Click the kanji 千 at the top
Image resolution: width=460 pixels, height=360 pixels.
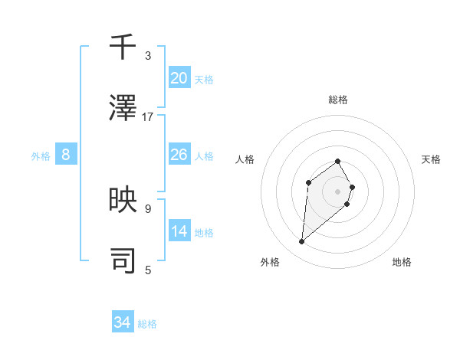pyautogui.click(x=123, y=48)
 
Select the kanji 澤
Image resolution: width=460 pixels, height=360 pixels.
pyautogui.click(x=123, y=109)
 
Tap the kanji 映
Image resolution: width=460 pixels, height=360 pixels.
pyautogui.click(x=123, y=200)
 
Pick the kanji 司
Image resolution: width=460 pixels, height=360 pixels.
pyautogui.click(x=123, y=260)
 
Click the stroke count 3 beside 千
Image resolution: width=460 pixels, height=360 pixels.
pyautogui.click(x=148, y=56)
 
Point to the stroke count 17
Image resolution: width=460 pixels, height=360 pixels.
pyautogui.click(x=148, y=116)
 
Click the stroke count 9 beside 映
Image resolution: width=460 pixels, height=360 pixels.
pyautogui.click(x=148, y=208)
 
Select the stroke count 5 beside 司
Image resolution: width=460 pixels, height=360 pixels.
pyautogui.click(x=148, y=269)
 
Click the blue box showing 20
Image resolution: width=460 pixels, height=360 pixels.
pyautogui.click(x=179, y=78)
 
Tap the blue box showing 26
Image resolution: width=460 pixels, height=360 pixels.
pyautogui.click(x=179, y=155)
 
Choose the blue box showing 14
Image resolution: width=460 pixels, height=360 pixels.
pyautogui.click(x=179, y=231)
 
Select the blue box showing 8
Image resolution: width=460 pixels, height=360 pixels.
pyautogui.click(x=66, y=155)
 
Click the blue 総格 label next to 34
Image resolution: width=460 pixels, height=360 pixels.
pyautogui.click(x=147, y=324)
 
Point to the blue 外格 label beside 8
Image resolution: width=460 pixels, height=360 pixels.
pyautogui.click(x=41, y=156)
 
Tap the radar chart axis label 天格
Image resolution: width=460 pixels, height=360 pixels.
pyautogui.click(x=432, y=159)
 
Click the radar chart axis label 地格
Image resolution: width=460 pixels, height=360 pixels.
pyautogui.click(x=402, y=262)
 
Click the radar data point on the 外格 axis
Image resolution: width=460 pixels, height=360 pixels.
pyautogui.click(x=301, y=242)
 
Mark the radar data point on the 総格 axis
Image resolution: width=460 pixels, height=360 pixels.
pyautogui.click(x=337, y=161)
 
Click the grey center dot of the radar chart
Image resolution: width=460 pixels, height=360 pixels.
pyautogui.click(x=337, y=191)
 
